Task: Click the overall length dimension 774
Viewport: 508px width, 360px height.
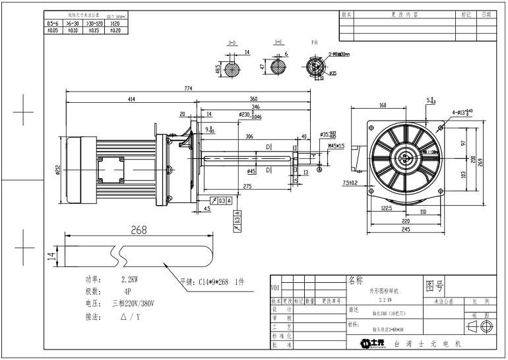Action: pos(188,90)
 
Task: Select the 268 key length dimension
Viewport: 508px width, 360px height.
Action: pos(139,230)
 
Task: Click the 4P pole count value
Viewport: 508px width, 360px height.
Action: pos(127,291)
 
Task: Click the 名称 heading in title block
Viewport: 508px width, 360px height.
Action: pos(356,280)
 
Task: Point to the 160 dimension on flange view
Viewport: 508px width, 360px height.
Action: pos(383,105)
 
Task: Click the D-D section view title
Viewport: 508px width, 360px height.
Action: pos(232,42)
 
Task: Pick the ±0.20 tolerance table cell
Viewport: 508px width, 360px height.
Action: pos(114,30)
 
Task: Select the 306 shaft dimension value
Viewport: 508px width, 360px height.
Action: pos(249,136)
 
